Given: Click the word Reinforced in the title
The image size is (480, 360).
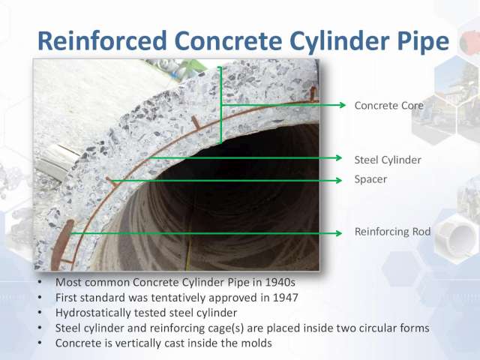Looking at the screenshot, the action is [x=102, y=40].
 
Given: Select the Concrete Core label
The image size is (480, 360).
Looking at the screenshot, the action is [x=388, y=105].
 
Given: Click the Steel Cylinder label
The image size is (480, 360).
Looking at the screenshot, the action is [x=388, y=160].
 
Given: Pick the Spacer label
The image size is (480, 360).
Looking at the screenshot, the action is [x=370, y=179].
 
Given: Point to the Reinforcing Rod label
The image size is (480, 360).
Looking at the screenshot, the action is [x=392, y=232].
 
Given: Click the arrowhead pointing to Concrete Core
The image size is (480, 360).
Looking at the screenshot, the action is [x=342, y=105].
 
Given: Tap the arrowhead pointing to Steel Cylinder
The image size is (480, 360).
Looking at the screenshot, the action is [x=338, y=158].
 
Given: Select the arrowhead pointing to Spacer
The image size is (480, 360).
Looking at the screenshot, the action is [x=338, y=180].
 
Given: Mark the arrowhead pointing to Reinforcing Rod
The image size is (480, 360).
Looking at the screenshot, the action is [x=338, y=233].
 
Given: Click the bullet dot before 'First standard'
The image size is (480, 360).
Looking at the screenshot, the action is [x=40, y=297].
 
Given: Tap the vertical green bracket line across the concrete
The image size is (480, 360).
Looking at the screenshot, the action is [x=220, y=105].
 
